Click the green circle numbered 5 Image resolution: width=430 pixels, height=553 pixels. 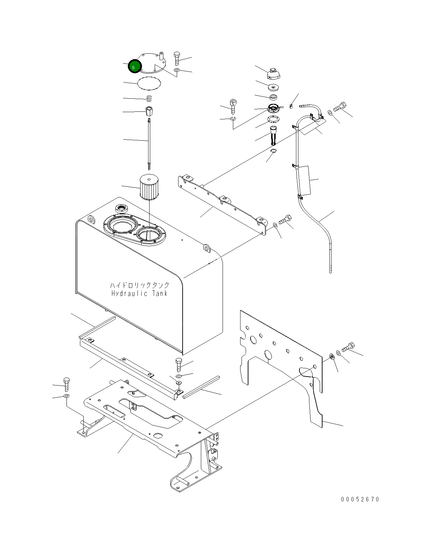click(135, 66)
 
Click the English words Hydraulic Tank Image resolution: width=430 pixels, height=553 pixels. click(140, 293)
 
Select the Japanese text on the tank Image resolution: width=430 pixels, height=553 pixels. click(140, 285)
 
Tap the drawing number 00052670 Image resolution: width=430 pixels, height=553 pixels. click(360, 499)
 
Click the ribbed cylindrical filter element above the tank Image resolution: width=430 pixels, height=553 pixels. click(149, 187)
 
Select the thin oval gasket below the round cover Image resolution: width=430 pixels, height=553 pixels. click(149, 83)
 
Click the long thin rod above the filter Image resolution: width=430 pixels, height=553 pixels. click(149, 144)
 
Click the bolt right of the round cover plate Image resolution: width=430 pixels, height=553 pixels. click(177, 58)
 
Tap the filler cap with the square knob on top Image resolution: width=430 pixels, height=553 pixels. click(273, 74)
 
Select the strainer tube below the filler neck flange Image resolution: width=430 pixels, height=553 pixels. click(273, 135)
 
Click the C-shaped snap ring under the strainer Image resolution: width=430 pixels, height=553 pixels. click(274, 151)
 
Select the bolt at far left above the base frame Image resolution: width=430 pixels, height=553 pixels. click(66, 384)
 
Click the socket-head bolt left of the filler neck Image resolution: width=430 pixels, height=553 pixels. click(233, 106)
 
